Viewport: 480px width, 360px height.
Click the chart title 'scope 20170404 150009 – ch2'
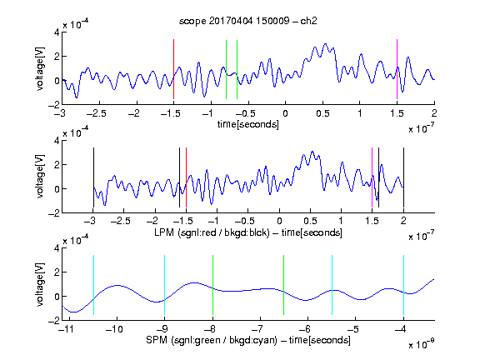pyautogui.click(x=248, y=21)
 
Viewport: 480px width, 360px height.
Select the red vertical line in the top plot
pyautogui.click(x=173, y=69)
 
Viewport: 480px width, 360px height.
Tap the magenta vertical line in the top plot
pyautogui.click(x=397, y=69)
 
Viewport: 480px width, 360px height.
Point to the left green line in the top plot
pyautogui.click(x=226, y=69)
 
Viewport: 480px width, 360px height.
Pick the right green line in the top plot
pyautogui.click(x=237, y=69)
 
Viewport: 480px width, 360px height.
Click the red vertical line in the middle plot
pyautogui.click(x=186, y=177)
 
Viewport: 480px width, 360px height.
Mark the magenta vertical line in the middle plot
pyautogui.click(x=372, y=177)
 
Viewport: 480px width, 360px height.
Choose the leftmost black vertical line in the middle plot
pyautogui.click(x=93, y=177)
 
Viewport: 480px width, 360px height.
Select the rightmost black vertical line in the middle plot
pyautogui.click(x=403, y=177)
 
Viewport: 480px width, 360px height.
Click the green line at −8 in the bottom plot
pyautogui.click(x=212, y=285)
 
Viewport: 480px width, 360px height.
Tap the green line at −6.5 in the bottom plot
pyautogui.click(x=284, y=285)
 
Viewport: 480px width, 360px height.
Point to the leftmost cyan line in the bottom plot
pyautogui.click(x=93, y=285)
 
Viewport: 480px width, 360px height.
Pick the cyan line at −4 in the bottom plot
pyautogui.click(x=403, y=285)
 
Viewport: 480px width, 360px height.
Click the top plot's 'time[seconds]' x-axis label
pyautogui.click(x=248, y=124)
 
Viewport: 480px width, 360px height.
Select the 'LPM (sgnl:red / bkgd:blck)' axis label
pyautogui.click(x=212, y=232)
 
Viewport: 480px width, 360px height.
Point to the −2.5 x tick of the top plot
pyautogui.click(x=96, y=113)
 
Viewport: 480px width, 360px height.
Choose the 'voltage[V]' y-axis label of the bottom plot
pyautogui.click(x=40, y=284)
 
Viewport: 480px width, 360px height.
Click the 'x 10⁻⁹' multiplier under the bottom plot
pyautogui.click(x=422, y=343)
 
